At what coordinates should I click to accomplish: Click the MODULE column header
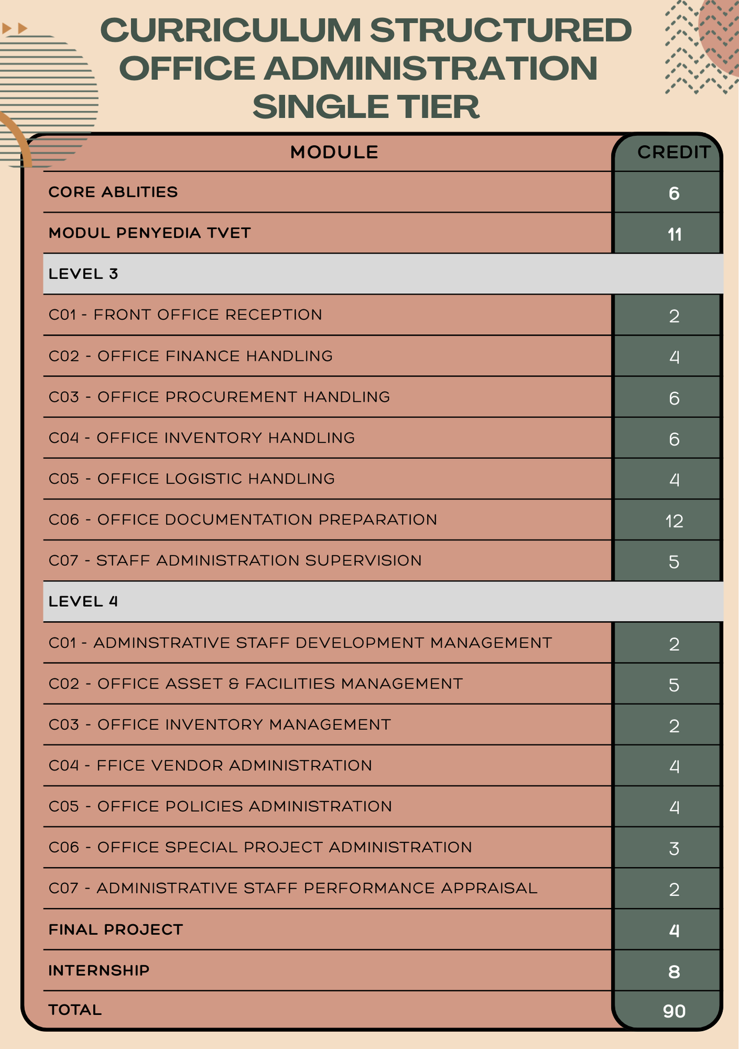pyautogui.click(x=334, y=152)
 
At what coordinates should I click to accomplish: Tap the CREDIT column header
pyautogui.click(x=673, y=152)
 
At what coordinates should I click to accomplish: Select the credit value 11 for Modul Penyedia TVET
pyautogui.click(x=674, y=234)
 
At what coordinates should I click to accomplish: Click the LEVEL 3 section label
pyautogui.click(x=83, y=274)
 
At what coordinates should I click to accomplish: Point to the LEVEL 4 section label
pyautogui.click(x=83, y=601)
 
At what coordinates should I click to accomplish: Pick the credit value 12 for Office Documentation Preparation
pyautogui.click(x=674, y=521)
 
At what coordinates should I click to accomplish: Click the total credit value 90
pyautogui.click(x=674, y=1011)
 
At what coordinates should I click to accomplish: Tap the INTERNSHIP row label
pyautogui.click(x=99, y=970)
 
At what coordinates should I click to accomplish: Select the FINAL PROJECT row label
pyautogui.click(x=116, y=929)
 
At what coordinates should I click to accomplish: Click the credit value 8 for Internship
pyautogui.click(x=674, y=972)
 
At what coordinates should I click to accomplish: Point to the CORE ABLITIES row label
pyautogui.click(x=113, y=192)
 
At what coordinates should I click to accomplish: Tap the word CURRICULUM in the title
pyautogui.click(x=231, y=30)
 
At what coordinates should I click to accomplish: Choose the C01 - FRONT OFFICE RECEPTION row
pyautogui.click(x=186, y=315)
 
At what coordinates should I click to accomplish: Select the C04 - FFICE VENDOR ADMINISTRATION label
pyautogui.click(x=210, y=765)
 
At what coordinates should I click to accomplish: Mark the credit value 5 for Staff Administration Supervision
pyautogui.click(x=674, y=562)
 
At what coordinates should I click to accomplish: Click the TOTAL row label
pyautogui.click(x=75, y=1010)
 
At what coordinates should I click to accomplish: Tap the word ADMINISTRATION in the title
pyautogui.click(x=431, y=69)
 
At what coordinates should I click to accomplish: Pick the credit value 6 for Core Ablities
pyautogui.click(x=674, y=194)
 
